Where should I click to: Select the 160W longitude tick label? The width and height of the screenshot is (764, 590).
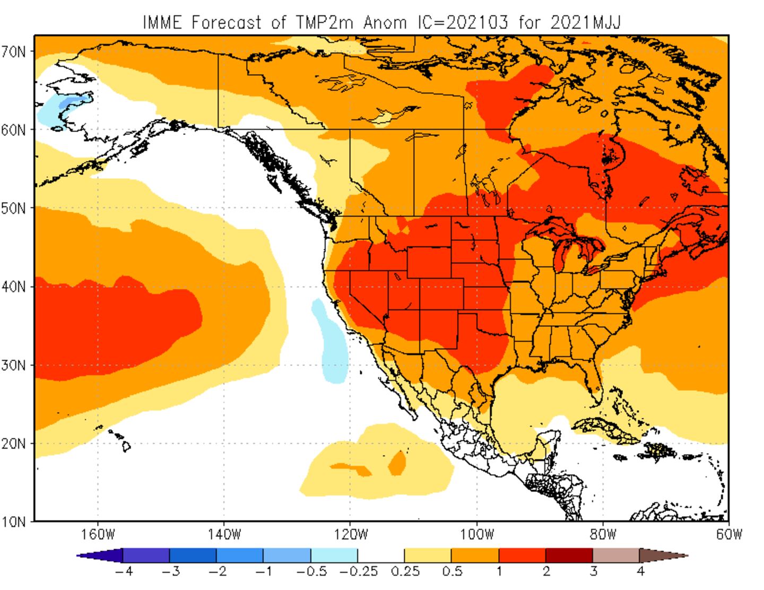pyautogui.click(x=98, y=534)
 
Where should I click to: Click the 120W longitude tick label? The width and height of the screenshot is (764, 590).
pyautogui.click(x=350, y=534)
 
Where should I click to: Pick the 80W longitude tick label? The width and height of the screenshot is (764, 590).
pyautogui.click(x=603, y=534)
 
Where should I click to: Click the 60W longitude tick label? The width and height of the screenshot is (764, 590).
pyautogui.click(x=728, y=534)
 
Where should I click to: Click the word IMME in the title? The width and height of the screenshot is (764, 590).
pyautogui.click(x=163, y=22)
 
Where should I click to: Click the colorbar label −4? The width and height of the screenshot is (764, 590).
pyautogui.click(x=121, y=572)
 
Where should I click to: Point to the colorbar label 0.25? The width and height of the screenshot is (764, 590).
pyautogui.click(x=405, y=572)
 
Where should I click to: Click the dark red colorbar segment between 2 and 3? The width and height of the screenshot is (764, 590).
pyautogui.click(x=569, y=556)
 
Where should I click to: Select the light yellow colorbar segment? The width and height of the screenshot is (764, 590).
pyautogui.click(x=428, y=556)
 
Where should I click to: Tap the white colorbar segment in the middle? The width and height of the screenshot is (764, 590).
pyautogui.click(x=381, y=556)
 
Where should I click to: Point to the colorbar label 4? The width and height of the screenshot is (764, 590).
pyautogui.click(x=640, y=572)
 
